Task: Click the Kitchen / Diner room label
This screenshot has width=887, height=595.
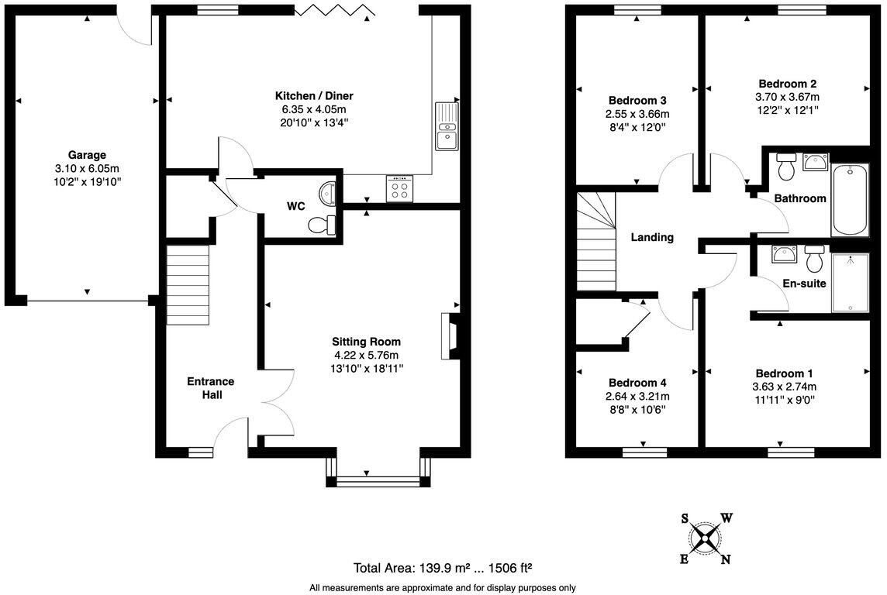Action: (x=314, y=96)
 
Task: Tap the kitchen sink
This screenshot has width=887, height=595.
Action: (x=447, y=127)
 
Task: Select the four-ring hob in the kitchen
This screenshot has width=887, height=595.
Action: (x=401, y=189)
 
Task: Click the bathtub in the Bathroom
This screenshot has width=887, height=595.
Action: (x=850, y=199)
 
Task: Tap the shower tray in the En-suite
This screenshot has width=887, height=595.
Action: (x=850, y=283)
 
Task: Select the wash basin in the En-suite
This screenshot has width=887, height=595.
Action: (x=781, y=254)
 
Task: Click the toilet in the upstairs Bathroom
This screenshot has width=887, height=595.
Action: (x=786, y=166)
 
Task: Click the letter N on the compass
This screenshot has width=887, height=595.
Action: (x=725, y=559)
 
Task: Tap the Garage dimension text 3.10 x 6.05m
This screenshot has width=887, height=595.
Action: (x=86, y=168)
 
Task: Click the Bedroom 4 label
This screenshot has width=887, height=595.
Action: (x=637, y=383)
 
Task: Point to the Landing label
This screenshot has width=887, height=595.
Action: (x=651, y=238)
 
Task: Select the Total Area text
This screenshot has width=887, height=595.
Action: (x=442, y=567)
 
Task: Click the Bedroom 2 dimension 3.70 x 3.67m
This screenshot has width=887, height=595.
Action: (x=787, y=97)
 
